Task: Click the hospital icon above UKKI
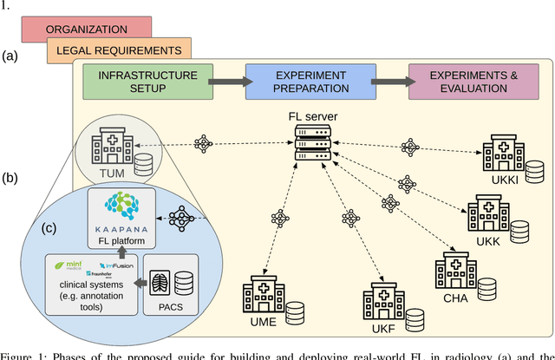coord(502,154)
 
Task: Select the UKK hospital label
coord(486,240)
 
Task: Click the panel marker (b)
coord(11,179)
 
